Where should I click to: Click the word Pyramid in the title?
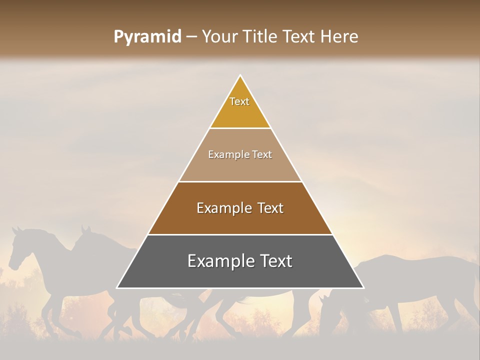pos(147,37)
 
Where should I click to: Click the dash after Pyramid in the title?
pos(191,37)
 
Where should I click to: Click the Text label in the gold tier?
pos(239,101)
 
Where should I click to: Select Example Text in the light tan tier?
pos(240,154)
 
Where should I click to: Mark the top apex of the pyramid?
pos(240,75)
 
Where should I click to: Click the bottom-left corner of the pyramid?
pos(117,288)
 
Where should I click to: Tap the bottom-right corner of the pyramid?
pos(363,288)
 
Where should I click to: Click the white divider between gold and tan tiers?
pos(240,128)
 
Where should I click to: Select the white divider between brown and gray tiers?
pos(240,234)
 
